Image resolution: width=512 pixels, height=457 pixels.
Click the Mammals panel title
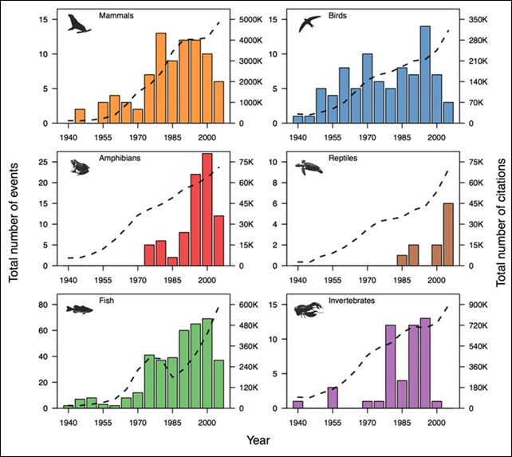click(115, 14)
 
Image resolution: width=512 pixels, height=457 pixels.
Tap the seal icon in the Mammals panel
click(79, 24)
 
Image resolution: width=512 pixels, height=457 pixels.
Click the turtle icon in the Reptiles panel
click(305, 167)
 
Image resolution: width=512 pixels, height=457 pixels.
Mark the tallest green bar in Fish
click(207, 364)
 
